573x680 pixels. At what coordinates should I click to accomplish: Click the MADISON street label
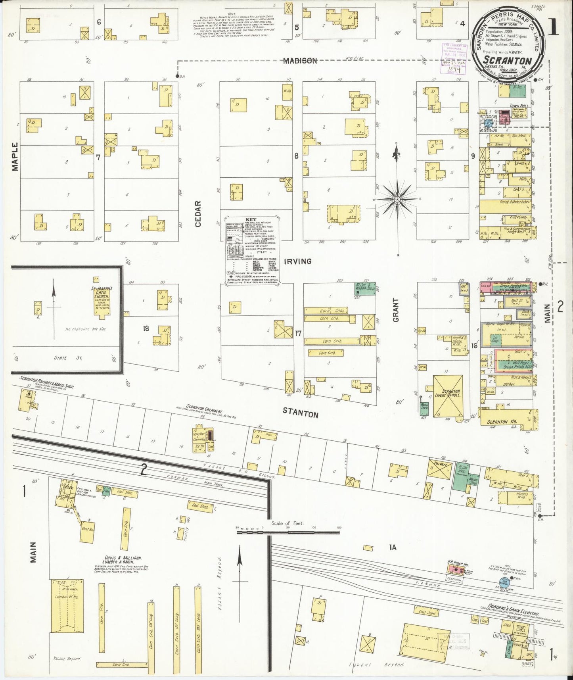300,61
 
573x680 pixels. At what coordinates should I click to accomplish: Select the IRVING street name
297,261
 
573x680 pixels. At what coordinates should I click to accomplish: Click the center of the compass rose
397,198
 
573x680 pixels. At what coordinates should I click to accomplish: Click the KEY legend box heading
251,219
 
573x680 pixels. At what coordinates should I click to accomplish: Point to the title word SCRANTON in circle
508,60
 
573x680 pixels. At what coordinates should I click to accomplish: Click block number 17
298,333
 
